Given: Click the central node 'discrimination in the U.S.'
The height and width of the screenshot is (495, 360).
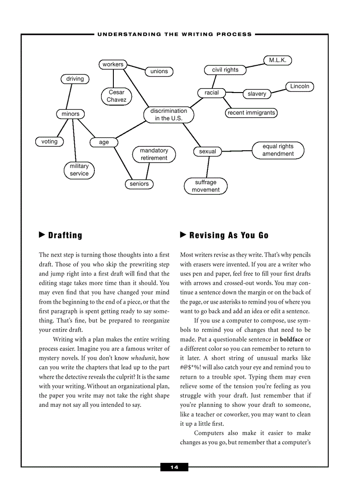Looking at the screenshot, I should pyautogui.click(x=169, y=115).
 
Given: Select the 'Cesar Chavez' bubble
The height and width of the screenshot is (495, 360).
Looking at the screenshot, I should pyautogui.click(x=116, y=96).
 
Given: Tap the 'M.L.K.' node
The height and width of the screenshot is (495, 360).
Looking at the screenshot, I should pyautogui.click(x=277, y=60).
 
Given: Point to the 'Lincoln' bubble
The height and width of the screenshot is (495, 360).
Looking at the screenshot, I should pyautogui.click(x=300, y=86).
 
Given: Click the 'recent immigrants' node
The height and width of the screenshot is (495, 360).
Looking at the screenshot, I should pyautogui.click(x=251, y=113).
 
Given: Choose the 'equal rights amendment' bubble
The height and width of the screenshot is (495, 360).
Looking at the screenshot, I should pyautogui.click(x=278, y=150).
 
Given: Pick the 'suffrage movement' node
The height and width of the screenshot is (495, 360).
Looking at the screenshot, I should pyautogui.click(x=206, y=186).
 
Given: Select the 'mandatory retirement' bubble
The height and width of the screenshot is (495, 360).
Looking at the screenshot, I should pyautogui.click(x=154, y=154).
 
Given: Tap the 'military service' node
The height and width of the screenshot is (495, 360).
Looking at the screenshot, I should pyautogui.click(x=79, y=170).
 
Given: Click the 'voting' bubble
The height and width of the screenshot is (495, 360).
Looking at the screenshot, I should pyautogui.click(x=49, y=141).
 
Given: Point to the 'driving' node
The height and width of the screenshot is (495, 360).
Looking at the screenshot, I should pyautogui.click(x=75, y=79).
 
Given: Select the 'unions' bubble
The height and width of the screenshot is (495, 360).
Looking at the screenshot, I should pyautogui.click(x=159, y=71).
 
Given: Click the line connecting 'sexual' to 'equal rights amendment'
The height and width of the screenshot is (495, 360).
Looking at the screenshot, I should pyautogui.click(x=236, y=151).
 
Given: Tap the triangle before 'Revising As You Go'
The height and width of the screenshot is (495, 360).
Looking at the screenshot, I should pyautogui.click(x=184, y=235).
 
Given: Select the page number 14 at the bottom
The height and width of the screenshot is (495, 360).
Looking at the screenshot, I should pyautogui.click(x=174, y=467).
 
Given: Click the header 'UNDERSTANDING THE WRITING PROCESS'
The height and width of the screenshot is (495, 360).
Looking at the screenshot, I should pyautogui.click(x=175, y=34).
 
